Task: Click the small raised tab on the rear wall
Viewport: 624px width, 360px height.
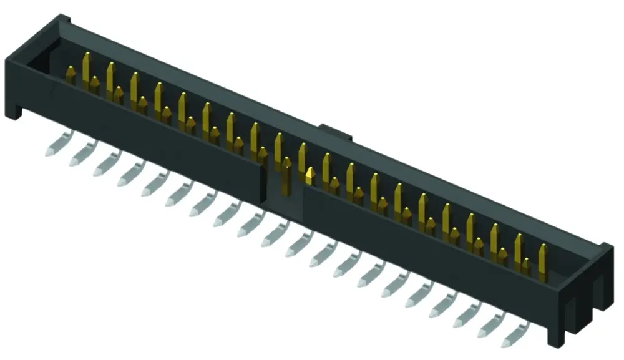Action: [334, 132]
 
